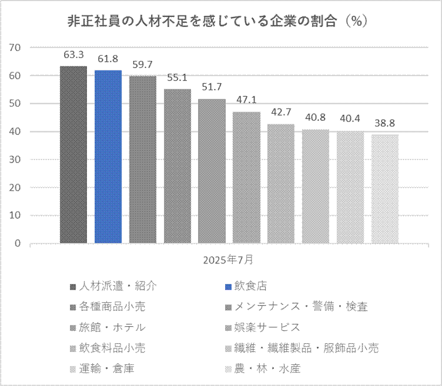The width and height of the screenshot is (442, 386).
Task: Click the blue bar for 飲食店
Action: click(108, 156)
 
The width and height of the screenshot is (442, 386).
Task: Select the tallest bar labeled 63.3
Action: click(73, 154)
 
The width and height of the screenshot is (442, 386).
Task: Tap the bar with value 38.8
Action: click(384, 188)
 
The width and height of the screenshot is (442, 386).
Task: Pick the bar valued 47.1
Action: click(246, 177)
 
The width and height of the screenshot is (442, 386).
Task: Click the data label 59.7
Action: click(143, 65)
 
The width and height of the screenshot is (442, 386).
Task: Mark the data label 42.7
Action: click(281, 112)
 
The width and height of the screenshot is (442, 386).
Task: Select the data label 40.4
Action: click(350, 119)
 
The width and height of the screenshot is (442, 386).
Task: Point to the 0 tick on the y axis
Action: click(18, 243)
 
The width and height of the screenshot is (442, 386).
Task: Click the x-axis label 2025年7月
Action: click(229, 259)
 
